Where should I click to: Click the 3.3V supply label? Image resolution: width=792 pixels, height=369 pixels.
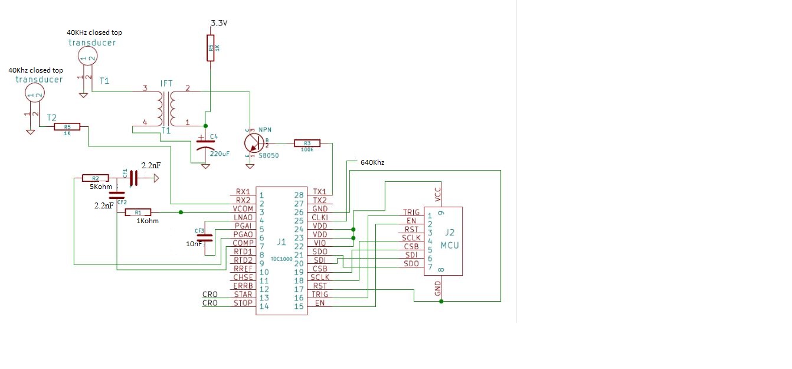coord(219,23)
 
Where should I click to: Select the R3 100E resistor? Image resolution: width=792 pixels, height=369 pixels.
coord(307,143)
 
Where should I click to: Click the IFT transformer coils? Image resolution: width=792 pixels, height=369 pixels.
coord(166,108)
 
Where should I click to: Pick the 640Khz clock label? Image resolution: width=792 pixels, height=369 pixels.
coord(373,162)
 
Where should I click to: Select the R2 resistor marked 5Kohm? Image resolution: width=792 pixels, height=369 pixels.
coord(95,178)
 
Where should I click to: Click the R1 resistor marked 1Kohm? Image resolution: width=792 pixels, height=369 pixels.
coord(138,212)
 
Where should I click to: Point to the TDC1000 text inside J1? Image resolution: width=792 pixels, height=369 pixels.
coord(281,258)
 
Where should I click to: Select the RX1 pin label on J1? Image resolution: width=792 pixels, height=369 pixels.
coord(243,192)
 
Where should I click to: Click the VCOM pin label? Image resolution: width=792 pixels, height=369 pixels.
coord(243,208)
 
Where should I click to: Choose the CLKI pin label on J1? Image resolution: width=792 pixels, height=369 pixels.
coord(320,217)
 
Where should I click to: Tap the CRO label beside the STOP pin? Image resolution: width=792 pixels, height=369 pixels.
coord(210,303)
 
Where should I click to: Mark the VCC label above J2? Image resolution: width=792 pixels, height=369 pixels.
coord(438,194)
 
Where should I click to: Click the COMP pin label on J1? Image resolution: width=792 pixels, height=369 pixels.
coord(243,243)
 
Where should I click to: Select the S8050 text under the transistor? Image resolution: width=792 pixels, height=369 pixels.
coord(269,156)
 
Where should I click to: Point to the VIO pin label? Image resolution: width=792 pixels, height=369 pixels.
coord(320,243)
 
